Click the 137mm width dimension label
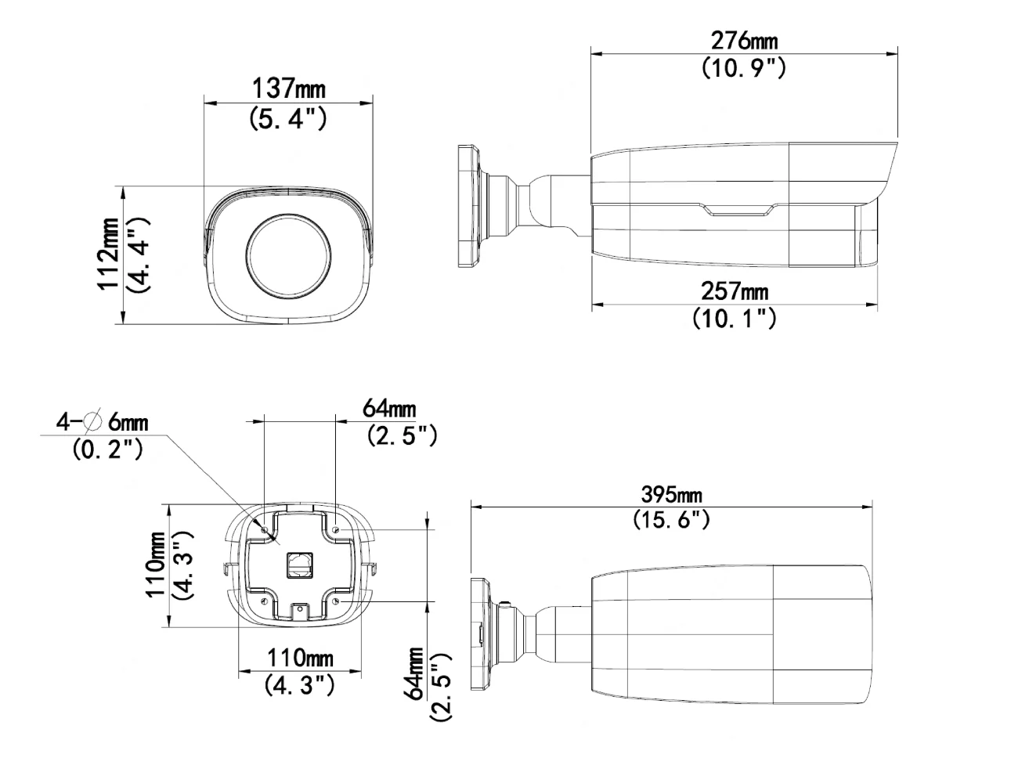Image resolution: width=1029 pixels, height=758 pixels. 288,88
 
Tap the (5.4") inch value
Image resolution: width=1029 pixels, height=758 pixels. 287,118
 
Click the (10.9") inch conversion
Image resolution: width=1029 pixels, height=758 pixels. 743,68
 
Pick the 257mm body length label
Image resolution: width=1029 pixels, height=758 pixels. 734,291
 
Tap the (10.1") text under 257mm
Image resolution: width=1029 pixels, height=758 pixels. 734,319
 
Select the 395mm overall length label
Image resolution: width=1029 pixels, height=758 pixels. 671,495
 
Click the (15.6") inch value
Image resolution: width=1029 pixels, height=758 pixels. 671,520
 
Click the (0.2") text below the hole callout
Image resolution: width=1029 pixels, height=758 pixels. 107,450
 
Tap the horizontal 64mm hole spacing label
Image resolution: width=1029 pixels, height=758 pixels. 389,408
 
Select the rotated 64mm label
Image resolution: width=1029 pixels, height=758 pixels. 416,674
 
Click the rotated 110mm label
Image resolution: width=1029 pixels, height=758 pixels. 160,565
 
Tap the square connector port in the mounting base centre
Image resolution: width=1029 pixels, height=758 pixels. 299,563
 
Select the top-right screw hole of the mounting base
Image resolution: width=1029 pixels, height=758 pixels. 336,530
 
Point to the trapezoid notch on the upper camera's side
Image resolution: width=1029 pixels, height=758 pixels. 740,208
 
